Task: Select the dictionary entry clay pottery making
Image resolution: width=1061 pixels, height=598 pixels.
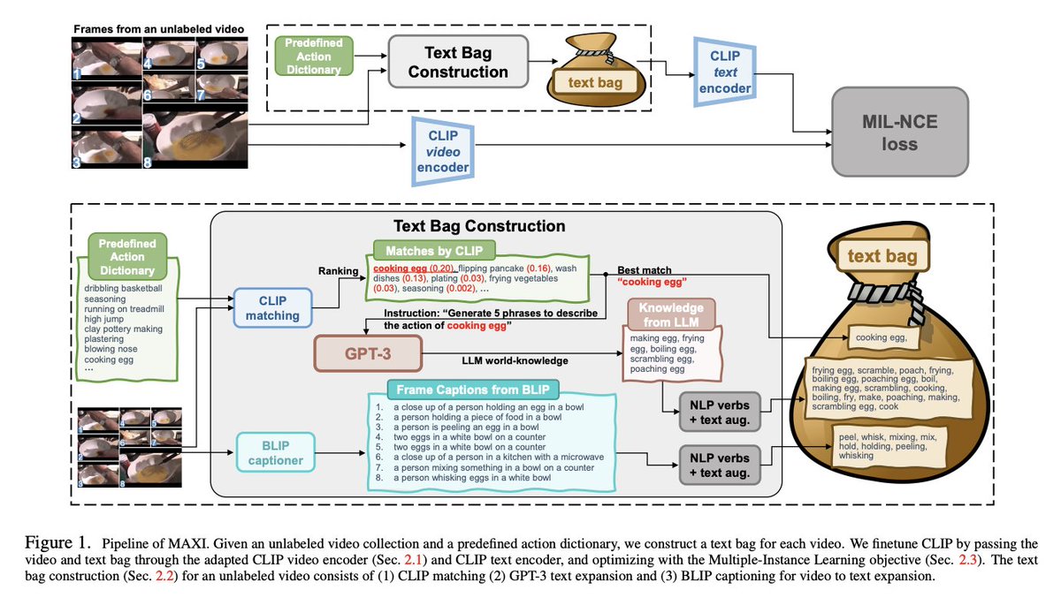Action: (x=124, y=328)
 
